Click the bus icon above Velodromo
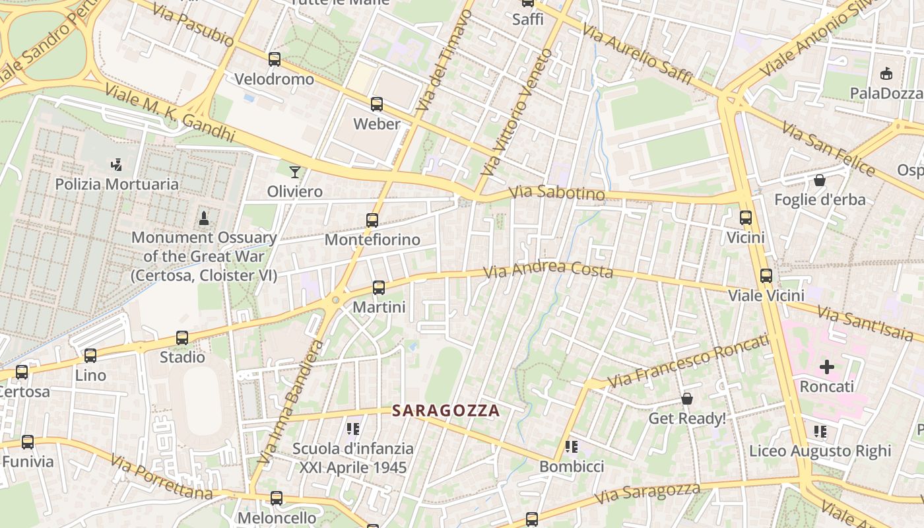(x=275, y=59)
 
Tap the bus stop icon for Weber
(x=376, y=104)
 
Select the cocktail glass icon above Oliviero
(x=295, y=172)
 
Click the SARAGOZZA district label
(x=446, y=411)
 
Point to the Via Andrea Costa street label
(x=548, y=269)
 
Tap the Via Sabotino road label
(x=557, y=193)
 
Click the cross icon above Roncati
(x=826, y=367)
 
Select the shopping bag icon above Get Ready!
(x=687, y=399)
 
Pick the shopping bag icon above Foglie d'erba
(x=820, y=180)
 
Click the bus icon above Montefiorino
(x=372, y=220)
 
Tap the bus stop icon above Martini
(x=378, y=288)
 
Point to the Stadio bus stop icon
(x=182, y=338)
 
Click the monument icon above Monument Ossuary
(x=204, y=218)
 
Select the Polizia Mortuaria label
(x=117, y=184)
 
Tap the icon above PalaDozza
(x=886, y=74)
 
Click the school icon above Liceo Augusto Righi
(x=820, y=432)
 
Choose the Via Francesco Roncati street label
(x=688, y=361)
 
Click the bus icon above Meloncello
(x=277, y=498)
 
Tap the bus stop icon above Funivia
(x=28, y=442)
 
